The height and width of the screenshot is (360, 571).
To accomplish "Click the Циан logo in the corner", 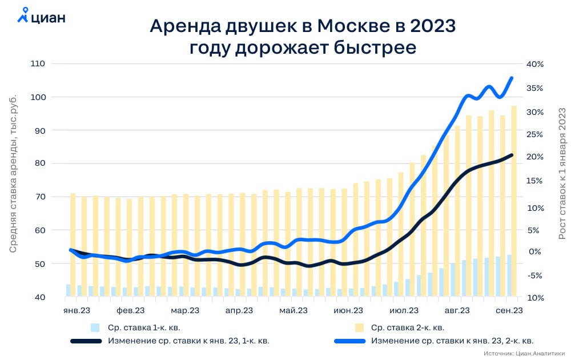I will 41,17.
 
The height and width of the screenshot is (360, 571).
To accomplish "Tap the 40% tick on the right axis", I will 534,65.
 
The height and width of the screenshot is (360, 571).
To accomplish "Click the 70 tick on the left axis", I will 39,197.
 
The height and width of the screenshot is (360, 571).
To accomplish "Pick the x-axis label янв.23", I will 77,311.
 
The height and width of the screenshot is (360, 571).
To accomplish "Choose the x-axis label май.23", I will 293,311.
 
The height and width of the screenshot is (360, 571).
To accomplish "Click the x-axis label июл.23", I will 404,311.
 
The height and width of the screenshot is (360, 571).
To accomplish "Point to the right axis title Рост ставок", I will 562,171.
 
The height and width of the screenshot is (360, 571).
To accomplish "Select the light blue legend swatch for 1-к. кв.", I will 95,328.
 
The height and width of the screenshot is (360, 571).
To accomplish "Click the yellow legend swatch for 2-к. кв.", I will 359,328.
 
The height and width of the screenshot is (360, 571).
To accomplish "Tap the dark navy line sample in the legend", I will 85,341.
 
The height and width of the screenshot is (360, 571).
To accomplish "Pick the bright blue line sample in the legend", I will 349,341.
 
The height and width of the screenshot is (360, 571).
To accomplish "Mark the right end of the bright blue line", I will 512,78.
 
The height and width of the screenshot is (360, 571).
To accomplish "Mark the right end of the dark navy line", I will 512,155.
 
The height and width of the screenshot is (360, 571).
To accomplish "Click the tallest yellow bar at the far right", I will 514,200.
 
